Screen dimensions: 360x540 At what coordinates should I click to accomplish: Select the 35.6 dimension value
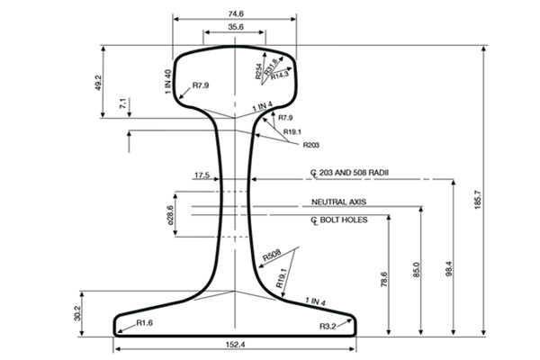235,29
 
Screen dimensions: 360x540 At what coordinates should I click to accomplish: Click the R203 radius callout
311,145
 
